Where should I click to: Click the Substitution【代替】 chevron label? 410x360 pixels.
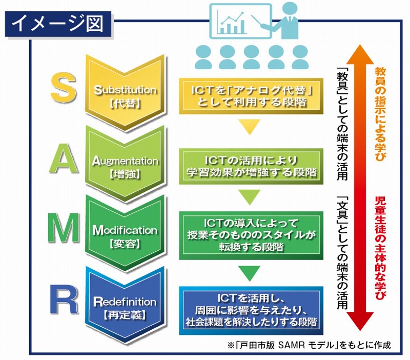click(126, 95)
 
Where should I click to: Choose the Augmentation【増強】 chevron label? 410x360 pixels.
click(126, 166)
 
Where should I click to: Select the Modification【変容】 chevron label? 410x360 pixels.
click(126, 235)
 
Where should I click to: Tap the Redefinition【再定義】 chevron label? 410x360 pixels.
click(126, 305)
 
